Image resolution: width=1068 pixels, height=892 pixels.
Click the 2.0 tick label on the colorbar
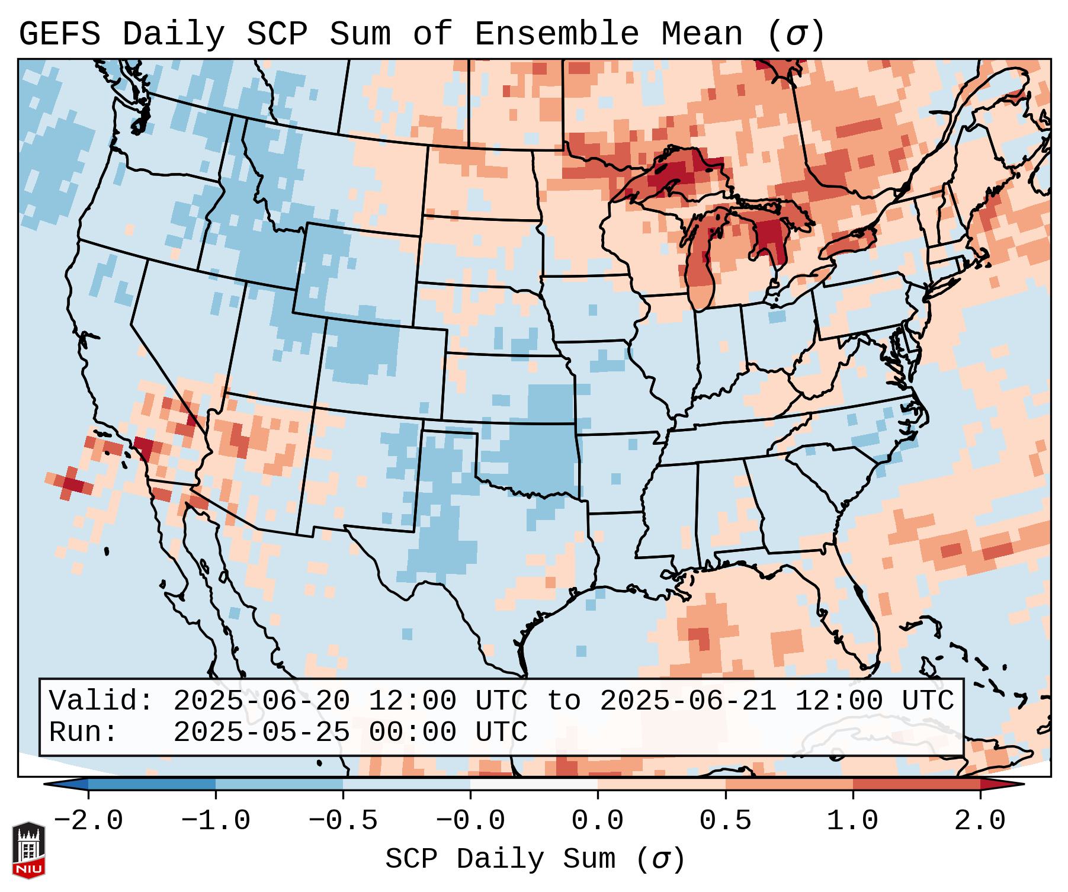(980, 821)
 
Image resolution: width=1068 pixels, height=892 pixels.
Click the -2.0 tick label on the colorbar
(88, 821)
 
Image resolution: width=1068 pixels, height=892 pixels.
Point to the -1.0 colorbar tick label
(216, 821)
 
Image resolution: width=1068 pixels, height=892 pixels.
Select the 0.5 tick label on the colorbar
(725, 821)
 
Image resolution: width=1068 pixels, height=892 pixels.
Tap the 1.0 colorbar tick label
(852, 821)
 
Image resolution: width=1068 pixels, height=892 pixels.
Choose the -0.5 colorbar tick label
(343, 821)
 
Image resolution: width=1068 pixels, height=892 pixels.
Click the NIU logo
(28, 849)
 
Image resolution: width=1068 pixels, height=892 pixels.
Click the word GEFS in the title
(59, 34)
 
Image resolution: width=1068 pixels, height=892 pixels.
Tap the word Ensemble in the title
(557, 34)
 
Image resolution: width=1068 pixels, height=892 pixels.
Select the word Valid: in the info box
(101, 701)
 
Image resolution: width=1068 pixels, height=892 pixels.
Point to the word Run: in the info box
(84, 733)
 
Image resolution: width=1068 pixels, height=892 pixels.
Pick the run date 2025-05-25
(261, 733)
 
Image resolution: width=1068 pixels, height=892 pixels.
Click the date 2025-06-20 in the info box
(261, 701)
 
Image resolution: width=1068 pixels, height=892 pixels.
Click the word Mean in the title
(702, 34)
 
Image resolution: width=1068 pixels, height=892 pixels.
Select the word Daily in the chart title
(174, 34)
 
